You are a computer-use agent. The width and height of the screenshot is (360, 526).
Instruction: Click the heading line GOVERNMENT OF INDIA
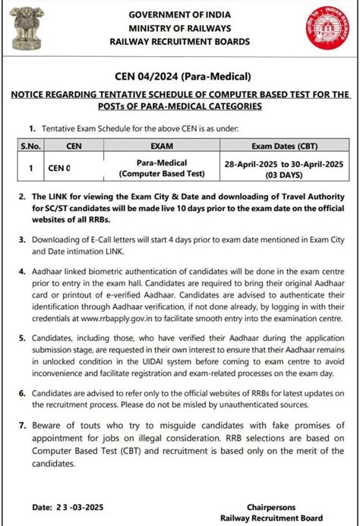pos(180,15)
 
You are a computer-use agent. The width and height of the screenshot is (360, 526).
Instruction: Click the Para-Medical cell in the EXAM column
pos(161,163)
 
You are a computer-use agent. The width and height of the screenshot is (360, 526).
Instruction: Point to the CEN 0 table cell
pos(60,169)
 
